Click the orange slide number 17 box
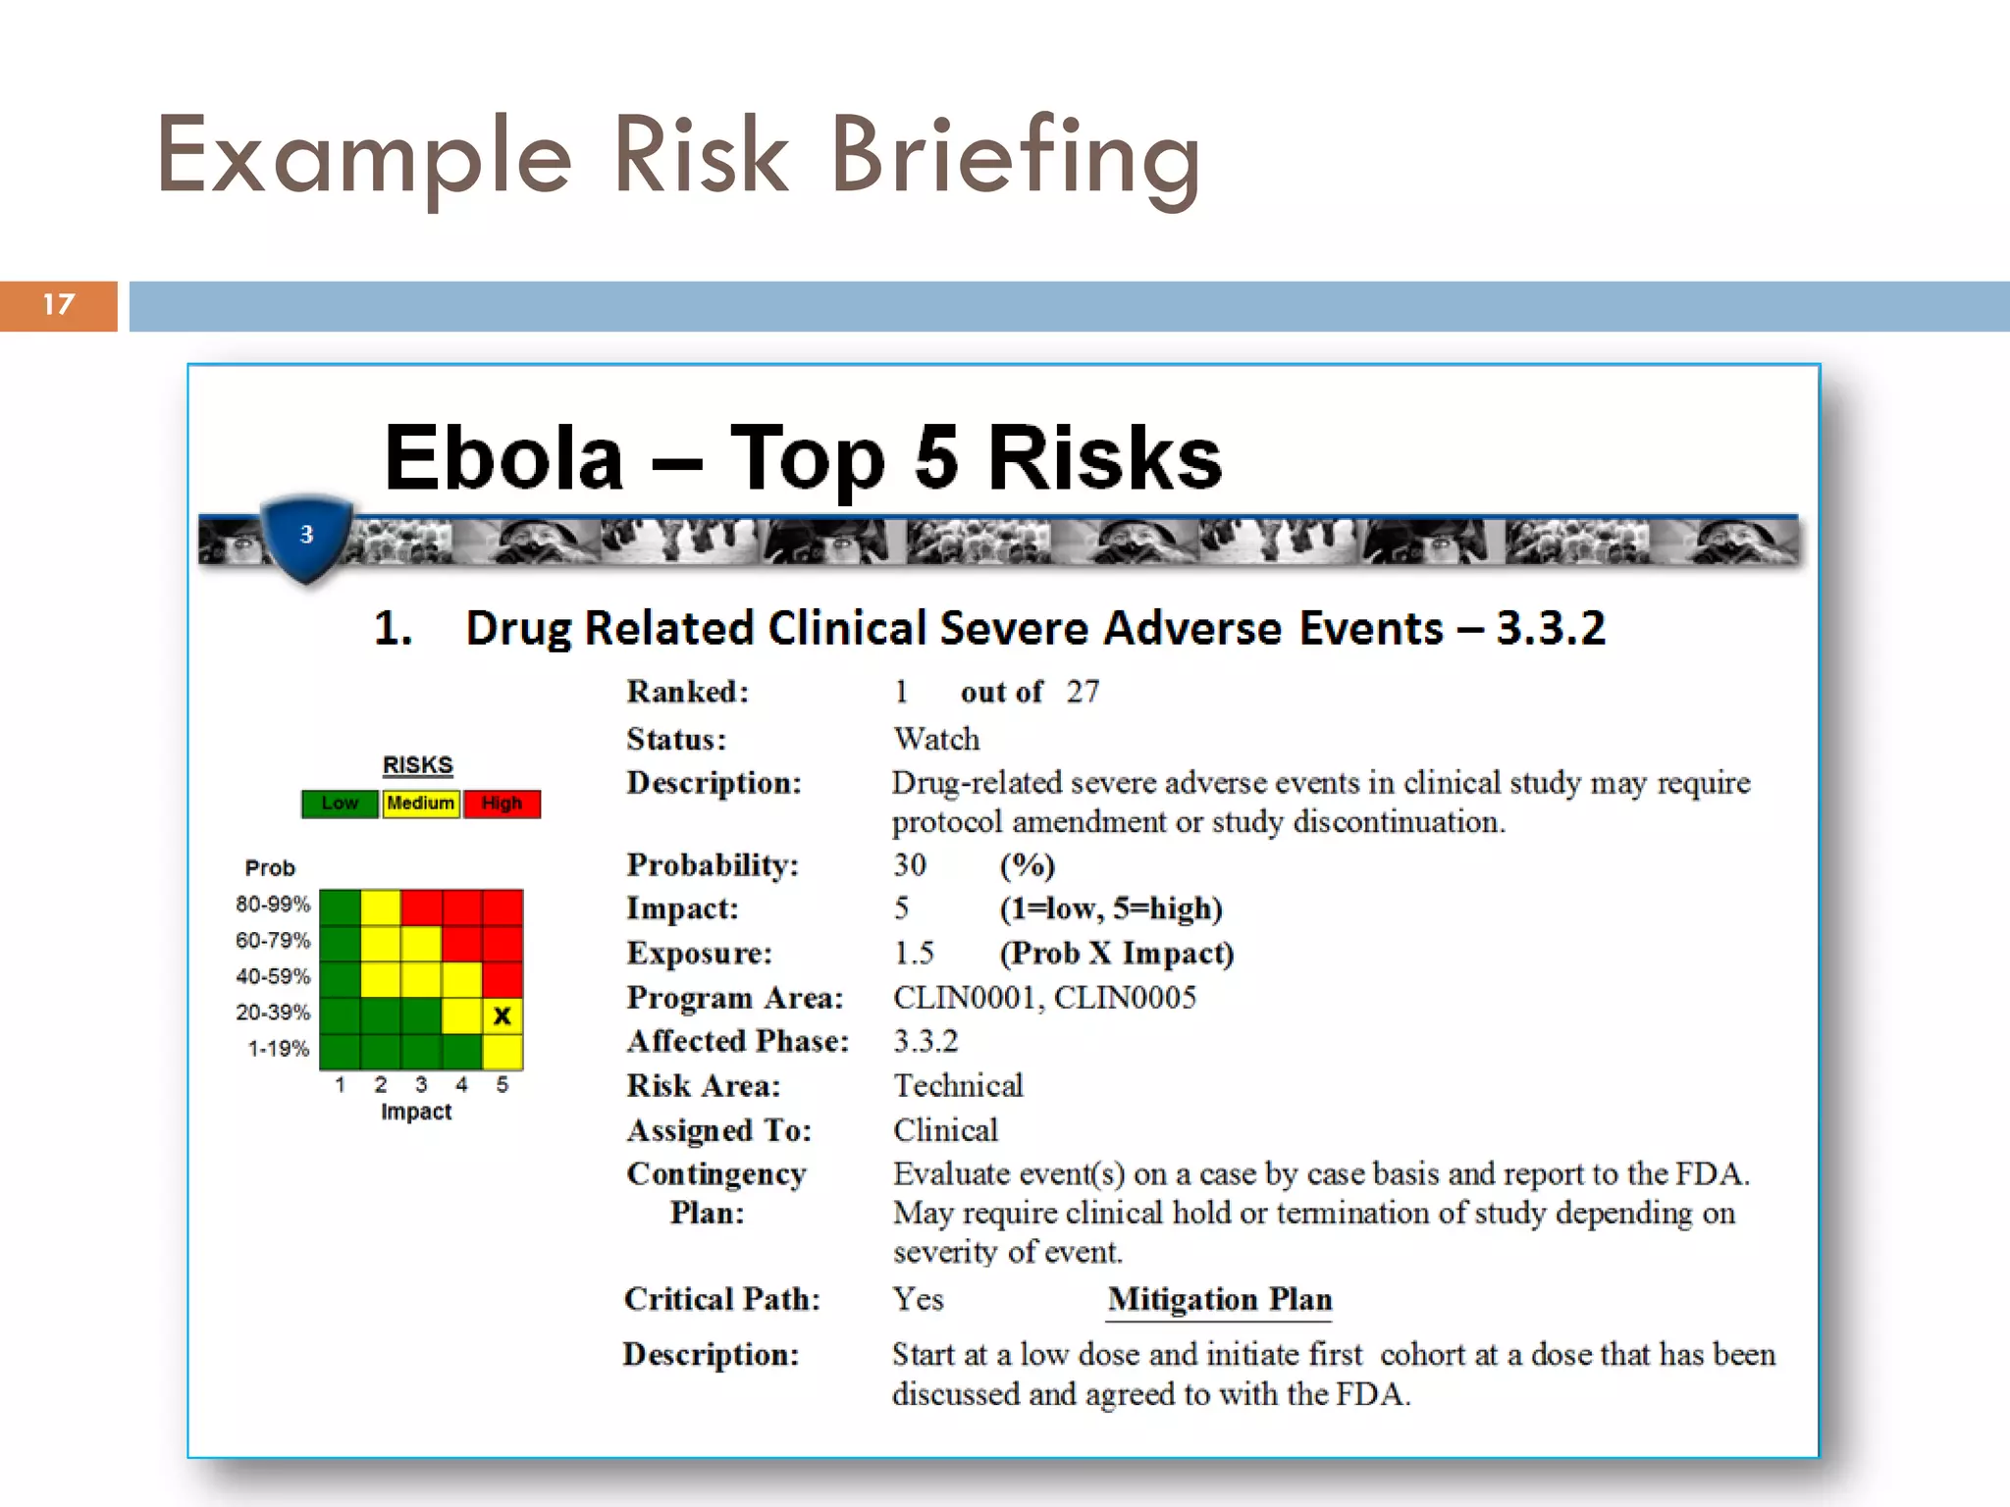click(x=59, y=305)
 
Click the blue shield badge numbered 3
click(x=306, y=536)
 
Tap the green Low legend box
click(x=340, y=804)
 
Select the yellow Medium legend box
click(x=420, y=804)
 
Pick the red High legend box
click(x=502, y=804)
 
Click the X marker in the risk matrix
click(x=502, y=1015)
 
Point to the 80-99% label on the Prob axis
click(x=273, y=904)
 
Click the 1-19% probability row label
click(x=279, y=1049)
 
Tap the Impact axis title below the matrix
click(x=416, y=1112)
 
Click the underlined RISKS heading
click(x=417, y=764)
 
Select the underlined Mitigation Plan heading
click(x=1219, y=1299)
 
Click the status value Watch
click(x=936, y=738)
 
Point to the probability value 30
click(x=910, y=864)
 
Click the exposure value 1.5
click(x=914, y=953)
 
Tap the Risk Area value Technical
click(x=958, y=1085)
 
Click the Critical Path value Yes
click(x=918, y=1299)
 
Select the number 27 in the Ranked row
click(x=1083, y=692)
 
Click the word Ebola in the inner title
click(x=503, y=458)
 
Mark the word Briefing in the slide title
click(x=1015, y=157)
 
